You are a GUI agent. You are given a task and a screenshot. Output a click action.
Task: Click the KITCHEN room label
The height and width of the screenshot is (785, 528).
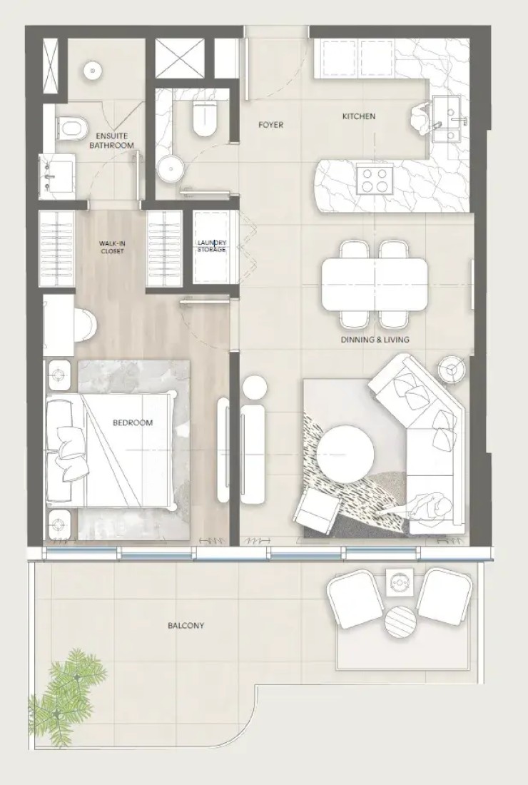pyautogui.click(x=358, y=116)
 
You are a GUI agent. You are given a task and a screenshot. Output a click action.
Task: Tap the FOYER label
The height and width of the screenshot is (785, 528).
pyautogui.click(x=270, y=125)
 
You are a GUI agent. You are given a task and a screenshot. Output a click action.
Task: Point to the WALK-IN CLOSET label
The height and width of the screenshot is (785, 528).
pyautogui.click(x=112, y=248)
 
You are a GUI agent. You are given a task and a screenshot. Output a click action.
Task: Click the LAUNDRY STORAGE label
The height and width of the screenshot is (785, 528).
pyautogui.click(x=211, y=246)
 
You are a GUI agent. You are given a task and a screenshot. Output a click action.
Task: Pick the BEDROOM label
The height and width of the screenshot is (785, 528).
pyautogui.click(x=133, y=422)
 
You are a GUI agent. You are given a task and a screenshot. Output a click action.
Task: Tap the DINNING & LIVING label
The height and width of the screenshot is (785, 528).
pyautogui.click(x=375, y=340)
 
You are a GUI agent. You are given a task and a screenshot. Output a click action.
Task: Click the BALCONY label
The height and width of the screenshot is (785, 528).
pyautogui.click(x=186, y=625)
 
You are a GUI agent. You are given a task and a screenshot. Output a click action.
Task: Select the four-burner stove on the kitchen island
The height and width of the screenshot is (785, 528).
pyautogui.click(x=373, y=181)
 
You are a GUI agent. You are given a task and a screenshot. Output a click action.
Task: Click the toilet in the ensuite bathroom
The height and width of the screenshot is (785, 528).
pyautogui.click(x=72, y=128)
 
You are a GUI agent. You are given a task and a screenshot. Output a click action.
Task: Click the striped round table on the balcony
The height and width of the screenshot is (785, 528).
pyautogui.click(x=400, y=622)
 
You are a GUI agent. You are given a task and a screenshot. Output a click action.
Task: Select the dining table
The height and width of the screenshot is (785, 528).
pyautogui.click(x=375, y=283)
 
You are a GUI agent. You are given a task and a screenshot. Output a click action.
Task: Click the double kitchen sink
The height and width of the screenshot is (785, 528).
pyautogui.click(x=450, y=119)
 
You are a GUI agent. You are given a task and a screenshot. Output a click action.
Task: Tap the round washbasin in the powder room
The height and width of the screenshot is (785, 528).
pyautogui.click(x=171, y=168)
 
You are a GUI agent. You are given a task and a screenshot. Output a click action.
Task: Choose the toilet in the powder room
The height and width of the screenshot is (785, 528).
pyautogui.click(x=205, y=118)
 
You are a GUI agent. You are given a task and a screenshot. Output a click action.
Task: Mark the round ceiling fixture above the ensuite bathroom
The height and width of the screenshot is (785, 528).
pyautogui.click(x=92, y=70)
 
